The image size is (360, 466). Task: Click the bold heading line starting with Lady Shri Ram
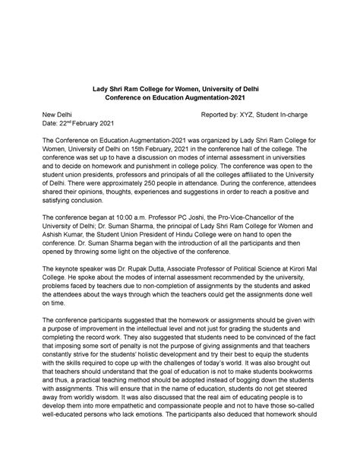(x=180, y=87)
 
